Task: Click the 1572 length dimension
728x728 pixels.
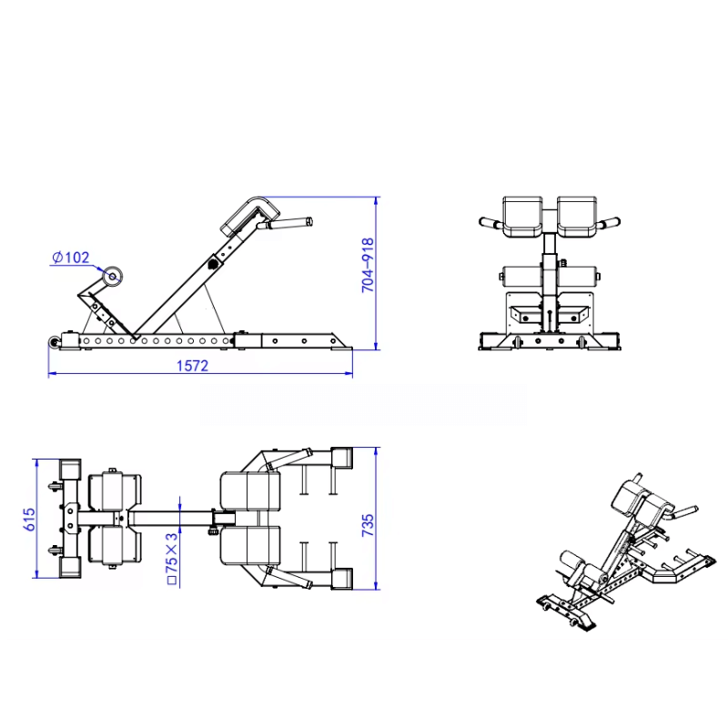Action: coord(192,366)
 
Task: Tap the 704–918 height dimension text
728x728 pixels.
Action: coord(368,265)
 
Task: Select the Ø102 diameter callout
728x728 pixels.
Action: coord(71,258)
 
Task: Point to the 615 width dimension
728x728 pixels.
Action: coord(29,519)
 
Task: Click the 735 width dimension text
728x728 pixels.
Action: coord(368,525)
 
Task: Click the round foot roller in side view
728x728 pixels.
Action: coord(112,277)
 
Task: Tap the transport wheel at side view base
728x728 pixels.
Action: coord(55,343)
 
